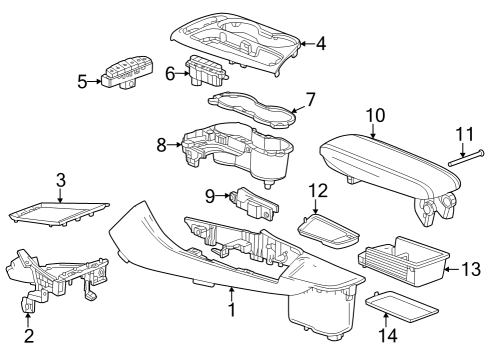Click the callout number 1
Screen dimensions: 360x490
click(x=231, y=310)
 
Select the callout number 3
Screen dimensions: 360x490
click(x=60, y=181)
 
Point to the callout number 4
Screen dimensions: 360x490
click(x=321, y=43)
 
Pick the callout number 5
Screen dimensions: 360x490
click(x=82, y=82)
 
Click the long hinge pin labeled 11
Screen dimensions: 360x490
click(x=462, y=155)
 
